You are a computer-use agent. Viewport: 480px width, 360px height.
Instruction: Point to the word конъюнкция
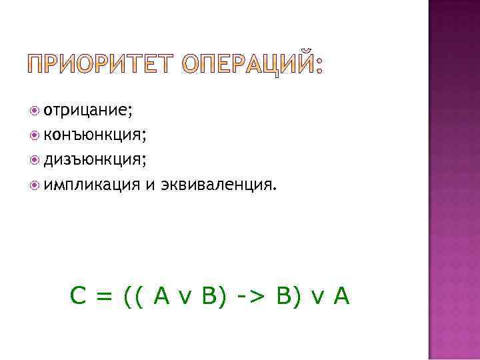click(x=94, y=135)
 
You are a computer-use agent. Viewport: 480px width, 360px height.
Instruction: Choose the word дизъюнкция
click(x=94, y=159)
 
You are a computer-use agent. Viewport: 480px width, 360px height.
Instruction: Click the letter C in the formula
click(x=77, y=295)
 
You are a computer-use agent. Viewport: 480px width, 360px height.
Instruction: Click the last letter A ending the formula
click(x=341, y=295)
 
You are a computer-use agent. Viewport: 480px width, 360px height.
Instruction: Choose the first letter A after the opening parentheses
click(x=160, y=295)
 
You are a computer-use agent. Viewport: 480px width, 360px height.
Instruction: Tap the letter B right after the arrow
click(x=278, y=295)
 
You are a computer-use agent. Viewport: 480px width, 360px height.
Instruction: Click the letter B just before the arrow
click(x=207, y=295)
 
